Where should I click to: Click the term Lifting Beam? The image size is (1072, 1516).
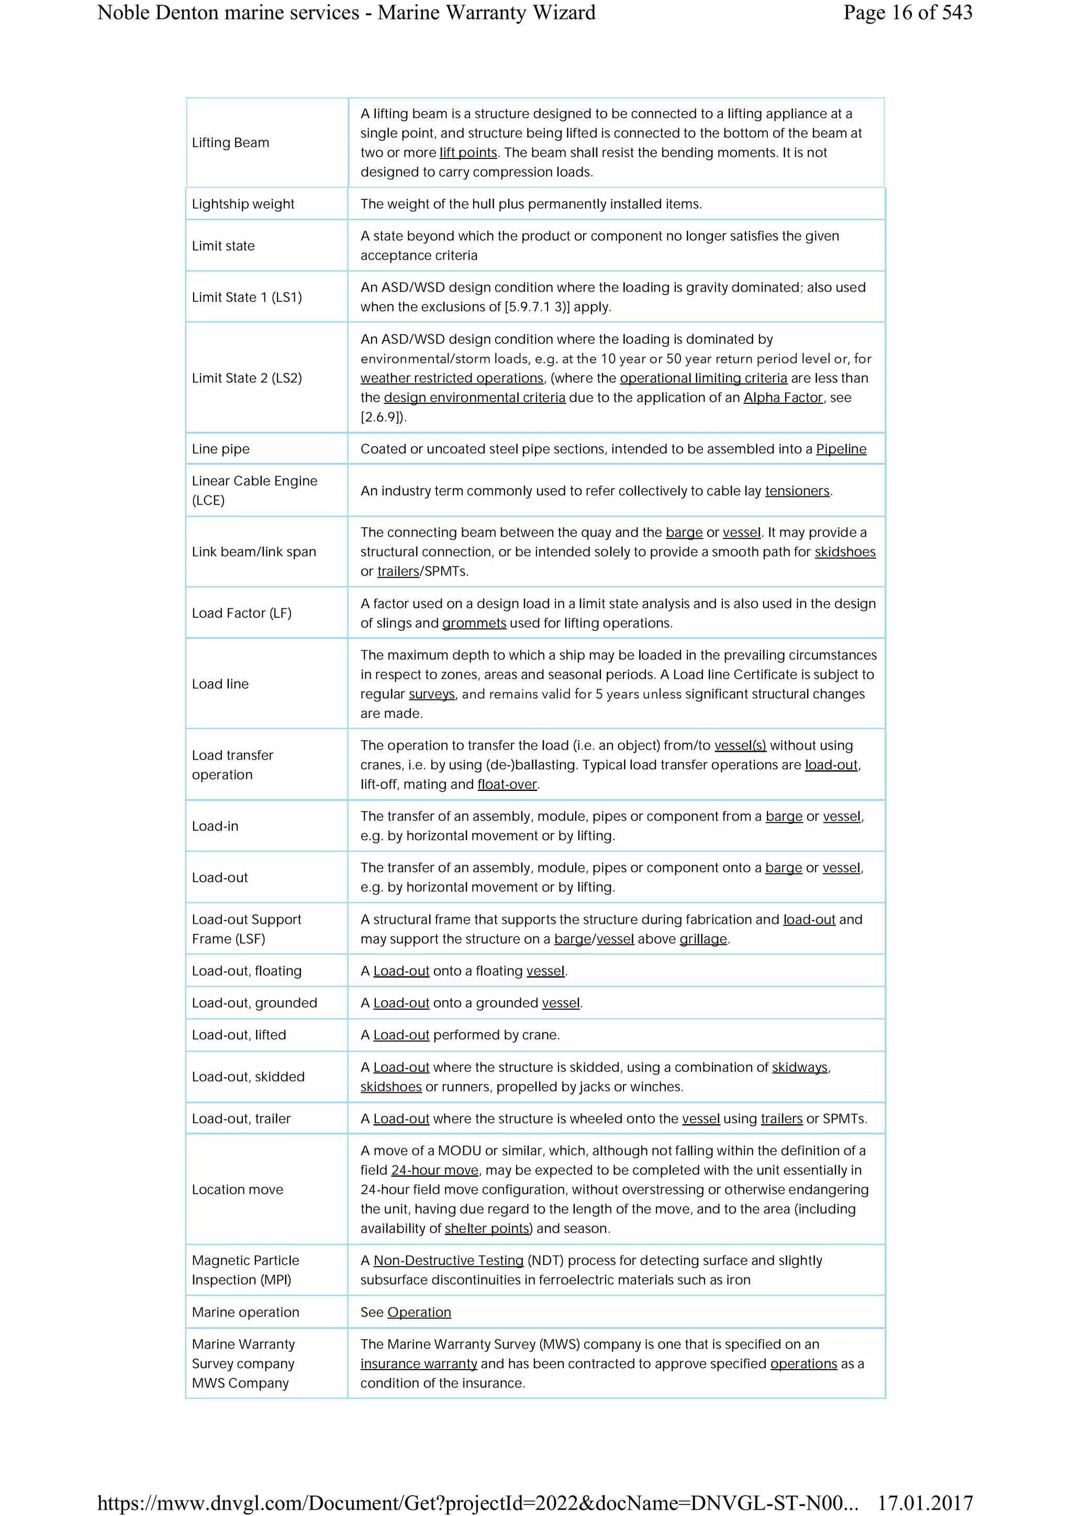pos(230,143)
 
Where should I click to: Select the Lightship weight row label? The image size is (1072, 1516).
pos(243,204)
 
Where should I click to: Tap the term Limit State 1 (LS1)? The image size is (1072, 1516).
pos(247,297)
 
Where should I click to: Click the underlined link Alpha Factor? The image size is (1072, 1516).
pos(783,398)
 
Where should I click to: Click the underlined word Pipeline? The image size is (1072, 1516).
pos(841,449)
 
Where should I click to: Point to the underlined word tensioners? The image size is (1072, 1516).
pos(797,491)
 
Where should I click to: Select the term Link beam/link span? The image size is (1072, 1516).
pos(254,551)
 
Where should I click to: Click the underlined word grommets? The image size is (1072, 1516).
pos(474,624)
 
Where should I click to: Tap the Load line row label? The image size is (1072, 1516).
pos(220,684)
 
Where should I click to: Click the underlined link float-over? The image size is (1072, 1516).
pos(507,784)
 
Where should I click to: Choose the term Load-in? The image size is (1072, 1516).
pos(215,826)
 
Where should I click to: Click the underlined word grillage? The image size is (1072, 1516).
pos(703,939)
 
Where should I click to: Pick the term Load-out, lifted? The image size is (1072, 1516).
pos(239,1035)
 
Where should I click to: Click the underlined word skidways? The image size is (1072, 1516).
pos(799,1067)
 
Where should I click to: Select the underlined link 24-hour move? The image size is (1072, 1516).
pos(434,1170)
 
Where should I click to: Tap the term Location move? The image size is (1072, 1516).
pos(237,1189)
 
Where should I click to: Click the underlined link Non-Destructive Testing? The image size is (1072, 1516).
pos(449,1261)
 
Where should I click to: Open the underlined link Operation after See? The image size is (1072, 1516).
pos(419,1312)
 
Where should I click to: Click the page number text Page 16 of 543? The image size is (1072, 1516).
pos(907,13)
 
